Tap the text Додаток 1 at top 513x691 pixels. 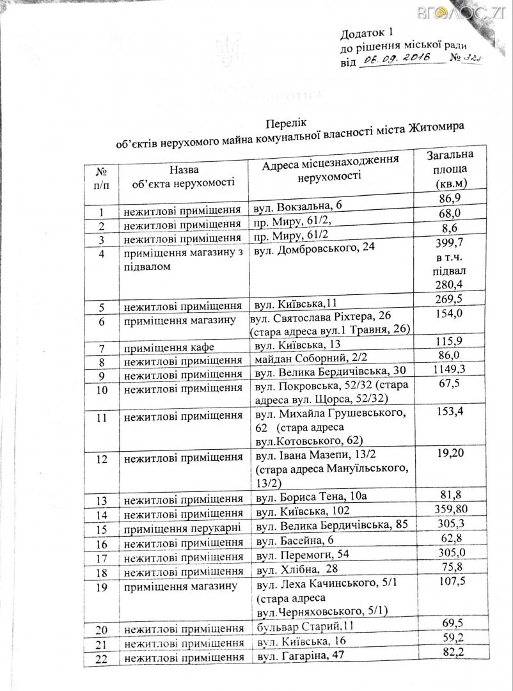pos(370,33)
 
